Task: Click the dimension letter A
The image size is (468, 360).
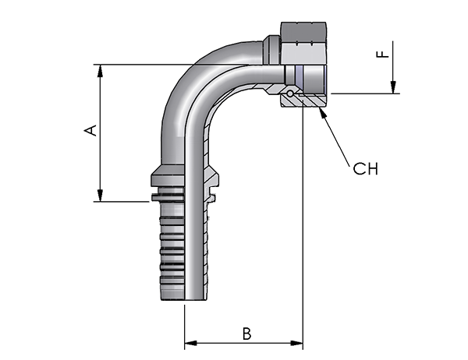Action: click(90, 130)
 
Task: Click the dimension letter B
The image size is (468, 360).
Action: click(246, 334)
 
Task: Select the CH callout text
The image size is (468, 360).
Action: click(365, 169)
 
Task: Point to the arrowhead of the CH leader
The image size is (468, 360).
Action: click(321, 113)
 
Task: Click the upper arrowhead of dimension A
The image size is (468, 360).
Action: click(101, 71)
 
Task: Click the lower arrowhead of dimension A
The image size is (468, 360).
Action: click(101, 196)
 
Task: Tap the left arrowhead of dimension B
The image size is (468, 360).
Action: click(191, 343)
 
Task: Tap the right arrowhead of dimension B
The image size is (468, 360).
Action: click(296, 343)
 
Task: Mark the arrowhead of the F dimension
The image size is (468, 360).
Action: click(393, 87)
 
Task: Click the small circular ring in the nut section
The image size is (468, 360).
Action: click(290, 94)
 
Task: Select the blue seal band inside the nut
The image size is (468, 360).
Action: click(299, 75)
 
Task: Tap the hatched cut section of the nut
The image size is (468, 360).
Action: click(303, 101)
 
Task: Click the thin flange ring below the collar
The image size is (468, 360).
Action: click(168, 197)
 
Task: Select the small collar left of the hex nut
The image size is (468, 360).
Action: click(271, 50)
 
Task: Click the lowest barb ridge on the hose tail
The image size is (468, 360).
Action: click(172, 280)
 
